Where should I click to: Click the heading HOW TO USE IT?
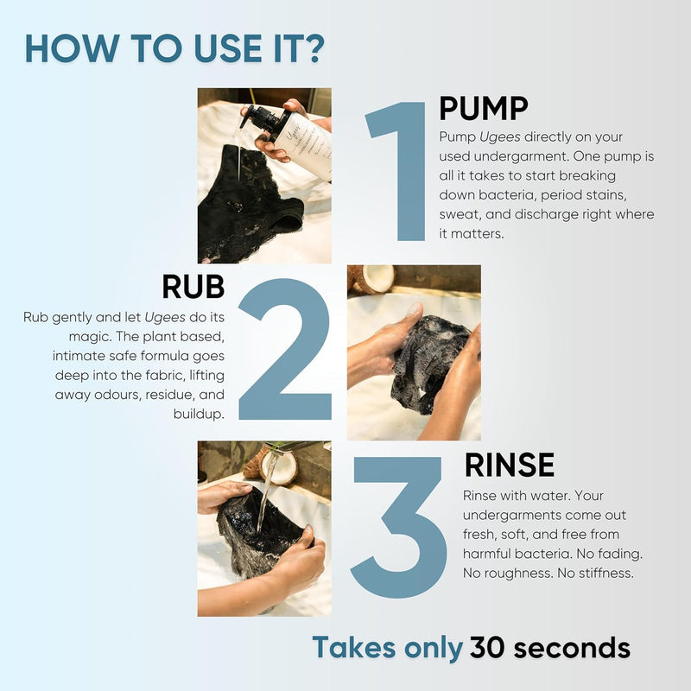(x=174, y=48)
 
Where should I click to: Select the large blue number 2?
(x=285, y=348)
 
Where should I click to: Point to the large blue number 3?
(x=399, y=527)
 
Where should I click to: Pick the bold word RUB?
(x=193, y=287)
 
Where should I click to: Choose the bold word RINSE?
(x=509, y=465)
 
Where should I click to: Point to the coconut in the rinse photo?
(x=271, y=468)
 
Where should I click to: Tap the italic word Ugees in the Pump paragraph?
(x=500, y=137)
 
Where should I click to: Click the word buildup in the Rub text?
(x=198, y=415)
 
